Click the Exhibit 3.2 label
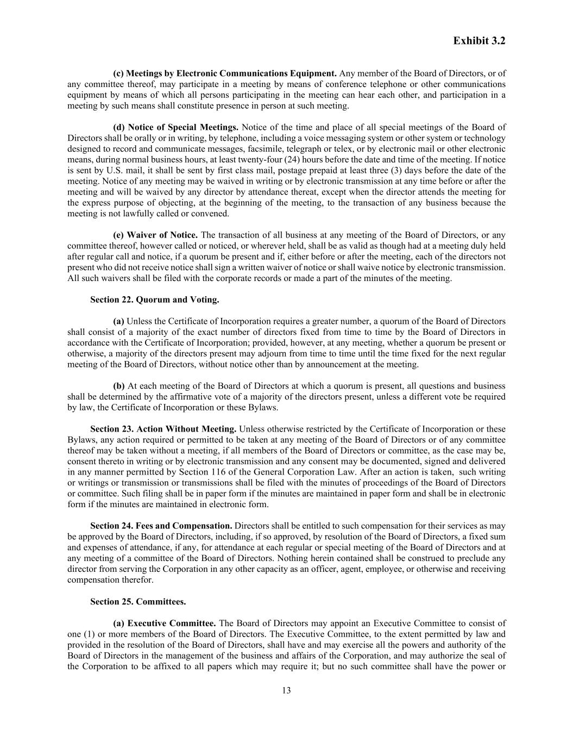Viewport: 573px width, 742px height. coord(479,41)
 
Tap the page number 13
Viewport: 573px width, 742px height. coord(286,690)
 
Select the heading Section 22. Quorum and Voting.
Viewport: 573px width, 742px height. coord(155,300)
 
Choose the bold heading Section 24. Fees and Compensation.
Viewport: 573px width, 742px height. coord(161,526)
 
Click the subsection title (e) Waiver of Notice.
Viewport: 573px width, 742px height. coord(155,235)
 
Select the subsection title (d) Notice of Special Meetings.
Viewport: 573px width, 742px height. coord(175,127)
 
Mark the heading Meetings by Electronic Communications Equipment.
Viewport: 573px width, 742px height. coord(225,73)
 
